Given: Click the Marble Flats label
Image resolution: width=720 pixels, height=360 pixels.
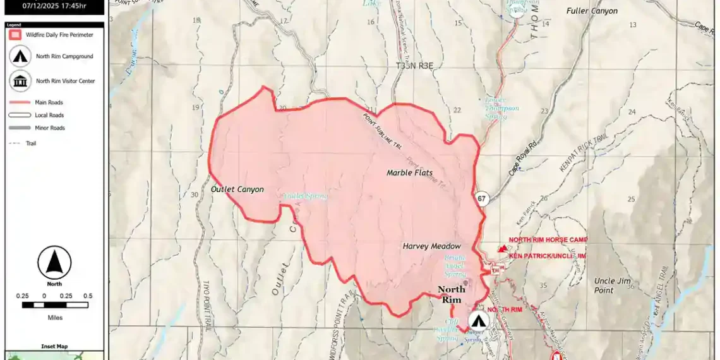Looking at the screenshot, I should [409, 172].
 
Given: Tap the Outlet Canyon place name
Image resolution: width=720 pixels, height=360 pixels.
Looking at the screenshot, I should [237, 189].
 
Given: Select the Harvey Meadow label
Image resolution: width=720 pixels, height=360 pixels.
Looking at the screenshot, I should [431, 246].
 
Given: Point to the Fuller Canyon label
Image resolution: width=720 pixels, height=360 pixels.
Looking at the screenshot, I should [592, 11].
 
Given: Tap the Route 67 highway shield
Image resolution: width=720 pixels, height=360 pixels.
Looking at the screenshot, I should [483, 198].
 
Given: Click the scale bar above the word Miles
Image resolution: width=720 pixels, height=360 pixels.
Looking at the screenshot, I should [54, 304].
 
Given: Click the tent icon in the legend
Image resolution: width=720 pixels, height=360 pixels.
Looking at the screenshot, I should [20, 56].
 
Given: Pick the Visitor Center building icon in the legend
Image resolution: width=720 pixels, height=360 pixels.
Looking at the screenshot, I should [20, 81].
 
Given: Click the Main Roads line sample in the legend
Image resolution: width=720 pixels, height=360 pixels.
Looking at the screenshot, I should [20, 102].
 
